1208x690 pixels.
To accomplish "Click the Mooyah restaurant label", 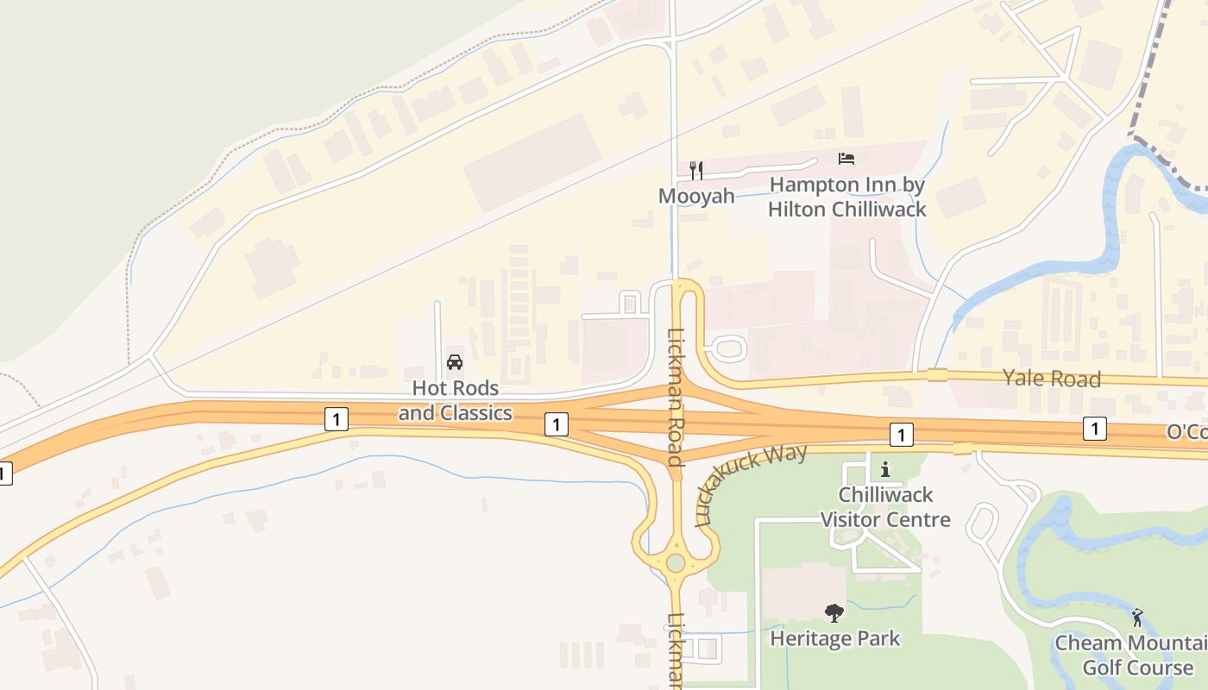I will (696, 196).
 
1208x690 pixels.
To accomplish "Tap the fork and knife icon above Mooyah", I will (696, 170).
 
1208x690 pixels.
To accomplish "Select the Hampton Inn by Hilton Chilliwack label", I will (846, 197).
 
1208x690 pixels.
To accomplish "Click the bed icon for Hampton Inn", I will (846, 159).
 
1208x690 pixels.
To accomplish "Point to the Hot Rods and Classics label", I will (455, 401).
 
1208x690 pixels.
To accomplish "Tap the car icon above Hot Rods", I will (455, 362).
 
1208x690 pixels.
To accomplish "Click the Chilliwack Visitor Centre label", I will (884, 507).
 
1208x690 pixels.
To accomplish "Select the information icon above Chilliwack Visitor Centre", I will (884, 470).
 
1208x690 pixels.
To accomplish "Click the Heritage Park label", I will (834, 639).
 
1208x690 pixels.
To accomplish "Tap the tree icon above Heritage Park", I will (834, 613).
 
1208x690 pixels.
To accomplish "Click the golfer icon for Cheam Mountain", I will (1137, 618).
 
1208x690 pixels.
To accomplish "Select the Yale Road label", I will (1051, 379).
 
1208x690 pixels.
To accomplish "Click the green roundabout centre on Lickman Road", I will (676, 563).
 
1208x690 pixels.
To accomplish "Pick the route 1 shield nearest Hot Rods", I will (337, 420).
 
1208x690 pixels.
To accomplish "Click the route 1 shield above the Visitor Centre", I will (901, 435).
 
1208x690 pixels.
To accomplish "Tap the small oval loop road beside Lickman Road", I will (727, 348).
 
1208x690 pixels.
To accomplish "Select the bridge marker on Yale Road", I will (936, 375).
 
